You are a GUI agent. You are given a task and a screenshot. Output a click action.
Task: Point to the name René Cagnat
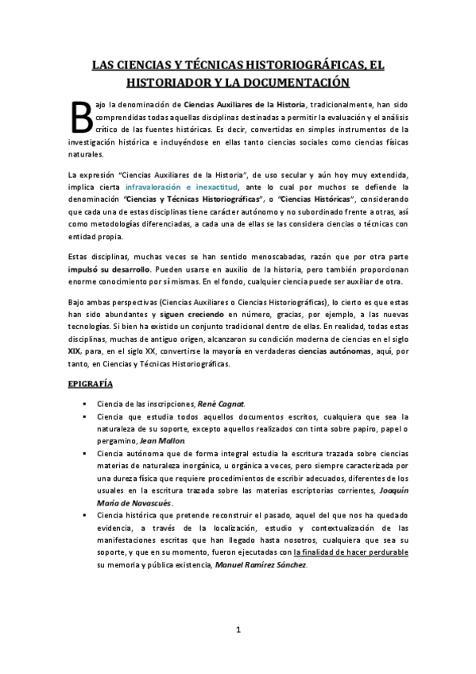click(226, 404)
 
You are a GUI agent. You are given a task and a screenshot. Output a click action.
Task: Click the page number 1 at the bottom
click(238, 630)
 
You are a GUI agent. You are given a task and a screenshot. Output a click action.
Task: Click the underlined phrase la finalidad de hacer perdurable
click(352, 552)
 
